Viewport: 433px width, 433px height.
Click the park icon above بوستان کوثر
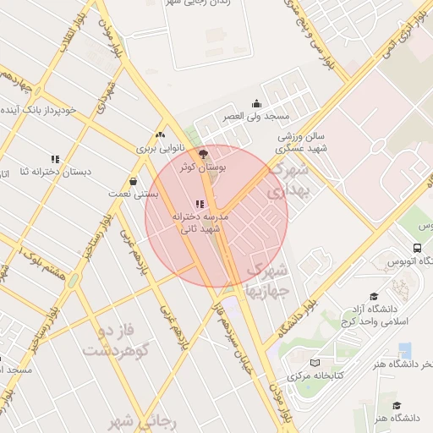[201, 154]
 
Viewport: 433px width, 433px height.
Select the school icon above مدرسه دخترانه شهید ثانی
[200, 204]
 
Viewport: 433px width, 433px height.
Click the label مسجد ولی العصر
[256, 116]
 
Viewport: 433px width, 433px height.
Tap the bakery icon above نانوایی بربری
[160, 134]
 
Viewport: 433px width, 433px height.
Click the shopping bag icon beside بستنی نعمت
[134, 181]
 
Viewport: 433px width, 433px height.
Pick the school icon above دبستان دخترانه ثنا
[56, 159]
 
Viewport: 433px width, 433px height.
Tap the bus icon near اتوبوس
[418, 248]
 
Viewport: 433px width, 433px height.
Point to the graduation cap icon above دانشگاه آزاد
[373, 272]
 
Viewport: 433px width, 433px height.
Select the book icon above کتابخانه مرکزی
[315, 362]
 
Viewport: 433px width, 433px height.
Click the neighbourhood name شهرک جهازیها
[266, 279]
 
